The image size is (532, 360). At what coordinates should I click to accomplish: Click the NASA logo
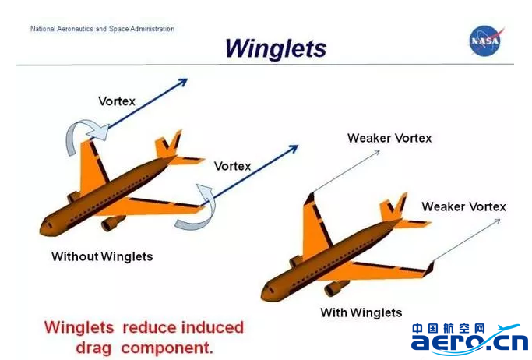click(x=486, y=41)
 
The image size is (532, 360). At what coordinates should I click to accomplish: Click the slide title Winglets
click(x=276, y=48)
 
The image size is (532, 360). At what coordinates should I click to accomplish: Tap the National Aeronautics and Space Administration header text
click(x=103, y=29)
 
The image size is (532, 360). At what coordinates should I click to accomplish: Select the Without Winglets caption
click(x=102, y=256)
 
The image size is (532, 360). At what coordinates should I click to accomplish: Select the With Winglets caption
click(x=361, y=312)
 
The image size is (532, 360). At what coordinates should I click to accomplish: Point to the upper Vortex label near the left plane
click(x=117, y=101)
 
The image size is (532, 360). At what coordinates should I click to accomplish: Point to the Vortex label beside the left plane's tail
click(x=232, y=166)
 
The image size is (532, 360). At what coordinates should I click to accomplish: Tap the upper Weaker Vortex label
click(x=389, y=138)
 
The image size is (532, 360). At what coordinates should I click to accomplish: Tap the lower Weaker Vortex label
click(x=463, y=206)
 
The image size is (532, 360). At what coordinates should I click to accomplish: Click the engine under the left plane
click(x=113, y=223)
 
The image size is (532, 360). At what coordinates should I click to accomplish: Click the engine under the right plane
click(x=336, y=288)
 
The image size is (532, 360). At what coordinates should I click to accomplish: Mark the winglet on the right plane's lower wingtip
click(x=429, y=269)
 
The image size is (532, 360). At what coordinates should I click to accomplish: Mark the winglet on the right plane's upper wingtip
click(x=310, y=199)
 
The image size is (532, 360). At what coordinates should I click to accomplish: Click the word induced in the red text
click(x=213, y=327)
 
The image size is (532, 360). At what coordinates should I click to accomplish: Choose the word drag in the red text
click(x=93, y=348)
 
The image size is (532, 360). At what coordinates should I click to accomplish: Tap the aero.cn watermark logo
click(x=470, y=339)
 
